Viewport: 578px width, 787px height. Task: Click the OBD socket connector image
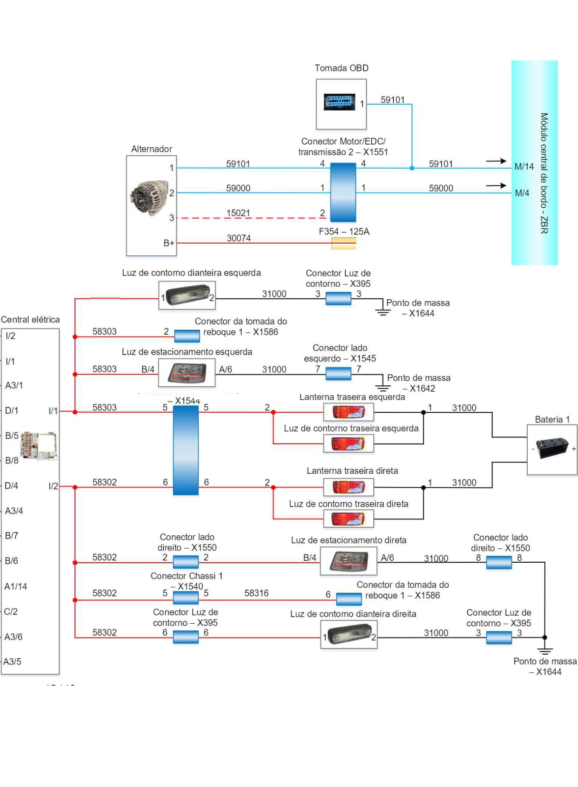pos(339,102)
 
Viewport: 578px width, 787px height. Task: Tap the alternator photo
pos(149,198)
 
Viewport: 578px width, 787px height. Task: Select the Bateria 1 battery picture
pos(552,448)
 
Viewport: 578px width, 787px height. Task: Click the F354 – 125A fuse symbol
pos(344,244)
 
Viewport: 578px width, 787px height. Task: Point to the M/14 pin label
pos(524,167)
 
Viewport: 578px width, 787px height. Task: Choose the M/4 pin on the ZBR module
pos(522,193)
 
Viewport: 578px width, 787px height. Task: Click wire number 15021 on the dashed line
pos(238,213)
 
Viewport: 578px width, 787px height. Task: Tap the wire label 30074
pos(239,238)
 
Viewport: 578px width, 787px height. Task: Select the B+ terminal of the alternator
pos(169,243)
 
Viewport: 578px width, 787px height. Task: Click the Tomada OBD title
pos(341,68)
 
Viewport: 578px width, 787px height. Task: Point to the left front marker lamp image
pos(187,295)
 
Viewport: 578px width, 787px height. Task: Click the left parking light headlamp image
pos(187,373)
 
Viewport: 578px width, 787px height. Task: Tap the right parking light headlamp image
pos(348,561)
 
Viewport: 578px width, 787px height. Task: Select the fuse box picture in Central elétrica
pos(38,446)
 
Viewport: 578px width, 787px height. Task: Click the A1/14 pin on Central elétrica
pos(16,586)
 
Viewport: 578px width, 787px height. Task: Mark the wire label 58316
pos(256,593)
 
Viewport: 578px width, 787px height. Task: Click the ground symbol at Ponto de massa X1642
pos(382,388)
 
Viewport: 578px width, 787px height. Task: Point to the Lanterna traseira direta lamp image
pos(348,487)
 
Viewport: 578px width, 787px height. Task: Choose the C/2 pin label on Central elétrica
pos(11,612)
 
